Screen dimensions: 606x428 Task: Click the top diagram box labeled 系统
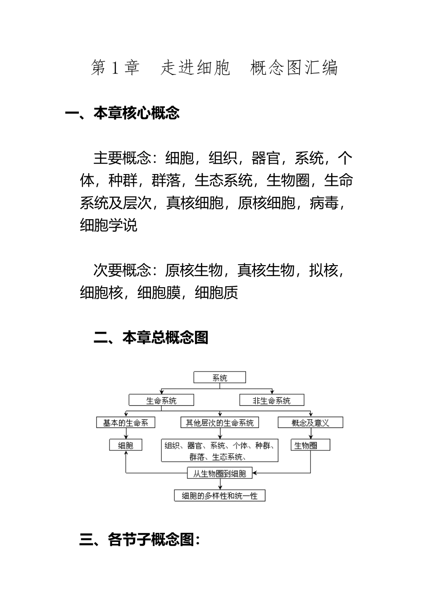[220, 378]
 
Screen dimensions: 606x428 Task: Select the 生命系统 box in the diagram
[161, 400]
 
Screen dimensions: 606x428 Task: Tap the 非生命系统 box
[272, 400]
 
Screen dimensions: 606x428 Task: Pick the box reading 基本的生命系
[126, 422]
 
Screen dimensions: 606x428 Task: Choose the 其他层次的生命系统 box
[220, 422]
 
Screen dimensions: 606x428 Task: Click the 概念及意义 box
[310, 422]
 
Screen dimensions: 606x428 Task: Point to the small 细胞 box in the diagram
[126, 445]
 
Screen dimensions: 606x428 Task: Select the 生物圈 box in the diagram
[310, 445]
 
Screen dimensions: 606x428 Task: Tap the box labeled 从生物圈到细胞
[220, 473]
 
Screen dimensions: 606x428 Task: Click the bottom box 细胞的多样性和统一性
[220, 496]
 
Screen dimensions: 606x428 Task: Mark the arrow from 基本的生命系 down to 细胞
[126, 434]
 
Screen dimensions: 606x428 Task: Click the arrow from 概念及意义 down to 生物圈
[310, 434]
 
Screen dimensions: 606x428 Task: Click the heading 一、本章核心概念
[123, 113]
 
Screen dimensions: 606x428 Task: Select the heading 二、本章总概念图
[151, 337]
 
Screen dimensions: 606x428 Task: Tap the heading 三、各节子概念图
[140, 539]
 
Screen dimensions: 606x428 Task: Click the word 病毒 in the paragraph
[324, 203]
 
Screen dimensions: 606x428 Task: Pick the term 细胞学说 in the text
[109, 225]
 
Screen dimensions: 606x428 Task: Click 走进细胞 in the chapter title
[196, 68]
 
